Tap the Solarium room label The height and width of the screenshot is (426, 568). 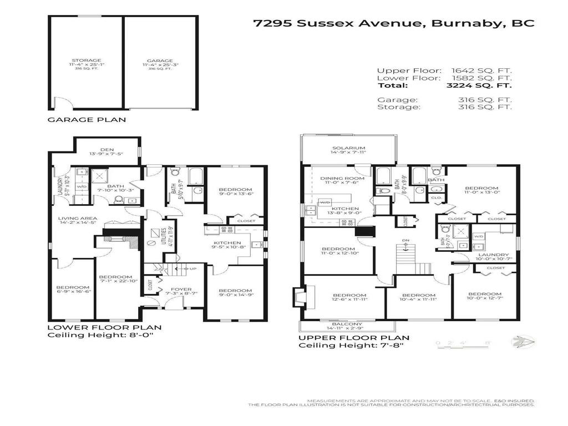tap(348, 148)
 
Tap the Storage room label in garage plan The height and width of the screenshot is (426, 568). tap(86, 60)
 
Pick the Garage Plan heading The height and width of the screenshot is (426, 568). tap(87, 119)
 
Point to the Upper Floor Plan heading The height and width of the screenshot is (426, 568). tap(354, 337)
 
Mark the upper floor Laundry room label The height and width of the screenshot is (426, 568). tap(489, 255)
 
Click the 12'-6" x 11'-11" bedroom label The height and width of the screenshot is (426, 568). tap(350, 295)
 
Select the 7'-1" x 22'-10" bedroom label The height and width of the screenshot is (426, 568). tap(115, 277)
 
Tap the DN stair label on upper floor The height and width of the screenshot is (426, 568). tap(405, 241)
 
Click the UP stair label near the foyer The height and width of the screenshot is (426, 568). tap(193, 269)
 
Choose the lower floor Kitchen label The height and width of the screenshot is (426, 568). tap(227, 243)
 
